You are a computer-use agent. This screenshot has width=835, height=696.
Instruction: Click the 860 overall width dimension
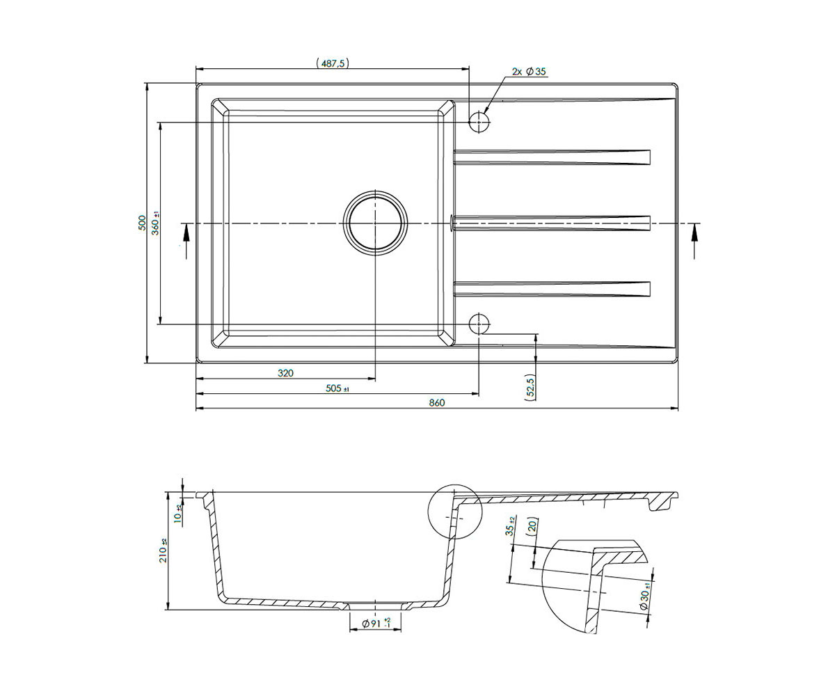pos(437,402)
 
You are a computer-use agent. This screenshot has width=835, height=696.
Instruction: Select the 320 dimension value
pos(285,373)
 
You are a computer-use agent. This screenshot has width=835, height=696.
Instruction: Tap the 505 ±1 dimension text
pos(337,388)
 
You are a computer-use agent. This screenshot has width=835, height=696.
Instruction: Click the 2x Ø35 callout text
pos(529,72)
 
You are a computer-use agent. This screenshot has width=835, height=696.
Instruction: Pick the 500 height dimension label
pos(141,223)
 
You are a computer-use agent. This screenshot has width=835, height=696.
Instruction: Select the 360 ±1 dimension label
pos(156,223)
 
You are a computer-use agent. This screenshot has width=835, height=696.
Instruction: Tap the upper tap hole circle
pos(479,122)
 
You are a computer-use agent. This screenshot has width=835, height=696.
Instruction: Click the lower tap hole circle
pos(479,324)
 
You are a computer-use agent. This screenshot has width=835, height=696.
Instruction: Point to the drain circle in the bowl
pos(375,223)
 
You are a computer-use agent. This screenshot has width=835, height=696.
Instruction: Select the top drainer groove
pos(552,157)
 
